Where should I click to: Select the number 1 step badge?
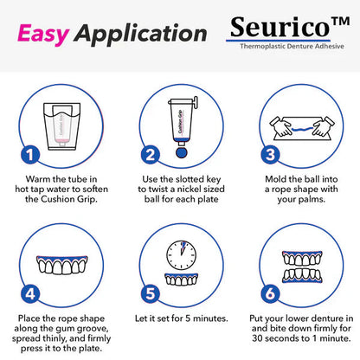coord(30,155)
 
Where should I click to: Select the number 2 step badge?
coord(150,155)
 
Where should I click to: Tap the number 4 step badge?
coord(30,292)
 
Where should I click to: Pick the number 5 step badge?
coord(150,292)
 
